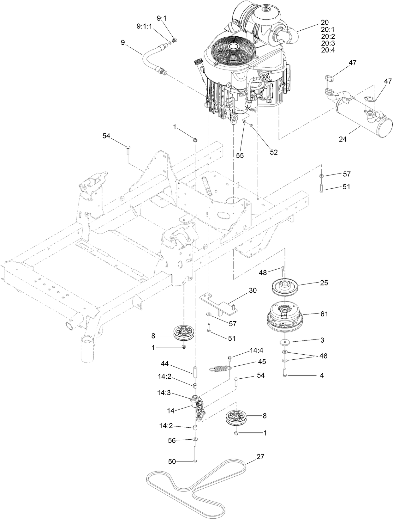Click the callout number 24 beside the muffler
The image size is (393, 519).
[342, 138]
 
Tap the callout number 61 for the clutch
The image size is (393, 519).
[324, 314]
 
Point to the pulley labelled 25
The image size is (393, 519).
[285, 285]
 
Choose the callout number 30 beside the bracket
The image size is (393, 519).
[253, 290]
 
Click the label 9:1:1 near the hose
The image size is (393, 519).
[144, 27]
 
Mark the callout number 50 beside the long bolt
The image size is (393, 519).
[172, 461]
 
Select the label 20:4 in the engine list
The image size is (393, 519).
[328, 50]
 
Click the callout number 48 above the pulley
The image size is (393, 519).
[263, 272]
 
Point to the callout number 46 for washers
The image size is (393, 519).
[323, 356]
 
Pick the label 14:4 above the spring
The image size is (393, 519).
[256, 350]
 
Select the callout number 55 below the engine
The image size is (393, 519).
[240, 156]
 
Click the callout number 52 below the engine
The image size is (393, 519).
[274, 152]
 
